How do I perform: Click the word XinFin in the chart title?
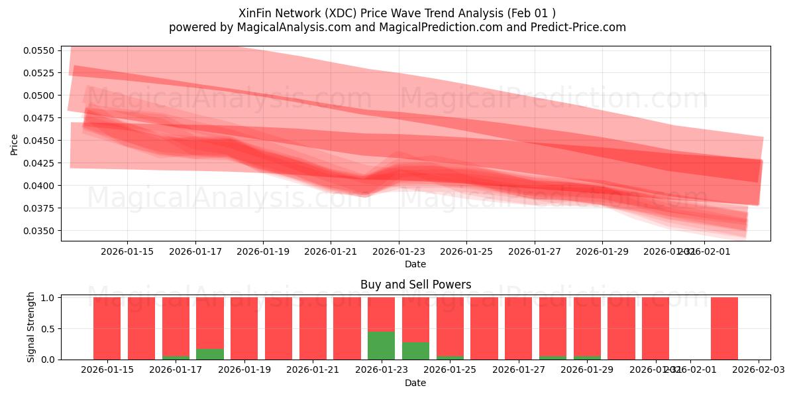pos(255,13)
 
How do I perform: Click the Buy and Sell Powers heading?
pos(415,285)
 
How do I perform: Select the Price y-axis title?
pos(15,144)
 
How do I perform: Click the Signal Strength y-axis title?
pos(30,327)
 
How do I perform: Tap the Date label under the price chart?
pos(415,264)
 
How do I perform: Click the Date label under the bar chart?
pos(415,383)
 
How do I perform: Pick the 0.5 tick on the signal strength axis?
pos(48,329)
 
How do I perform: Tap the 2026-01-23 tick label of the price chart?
pos(399,251)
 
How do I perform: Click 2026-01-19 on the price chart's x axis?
pos(263,251)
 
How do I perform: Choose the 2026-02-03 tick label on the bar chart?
pos(758,370)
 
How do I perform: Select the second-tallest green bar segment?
pos(415,351)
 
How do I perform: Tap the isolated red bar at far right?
pos(724,328)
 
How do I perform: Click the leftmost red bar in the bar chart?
pos(107,328)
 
